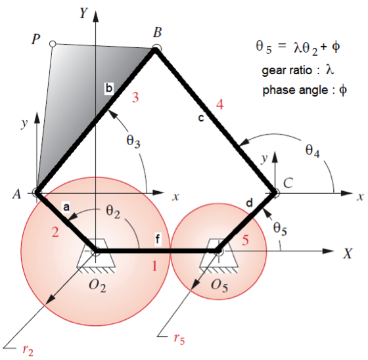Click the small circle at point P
tap(53, 44)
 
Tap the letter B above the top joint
tap(158, 32)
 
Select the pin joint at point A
tap(36, 192)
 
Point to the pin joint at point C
tap(276, 193)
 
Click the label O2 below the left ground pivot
tap(97, 286)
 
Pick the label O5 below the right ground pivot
tap(219, 286)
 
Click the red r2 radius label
tap(28, 350)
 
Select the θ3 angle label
tap(133, 141)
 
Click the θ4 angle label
tap(313, 150)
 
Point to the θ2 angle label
tap(113, 212)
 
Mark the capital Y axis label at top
tap(84, 12)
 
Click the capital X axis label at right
tap(348, 254)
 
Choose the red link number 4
tap(219, 104)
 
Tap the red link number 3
tap(135, 97)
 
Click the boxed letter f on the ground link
tap(158, 240)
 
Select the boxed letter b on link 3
tap(109, 88)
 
